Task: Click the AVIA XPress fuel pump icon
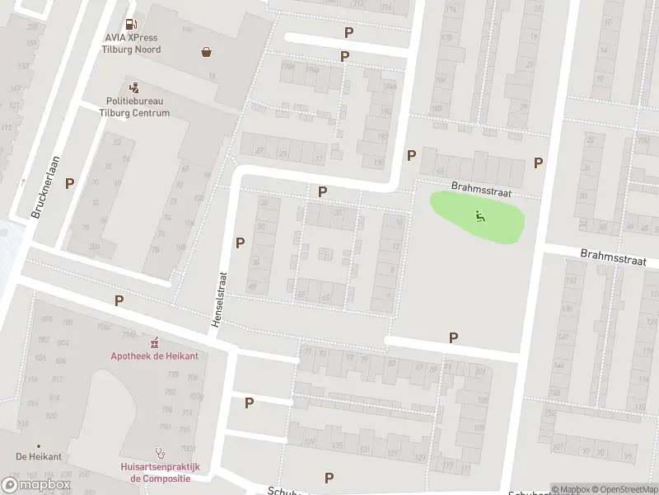click(x=131, y=26)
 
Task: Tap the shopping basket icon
click(x=205, y=52)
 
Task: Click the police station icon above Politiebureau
click(x=133, y=87)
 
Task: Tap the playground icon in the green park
click(x=480, y=216)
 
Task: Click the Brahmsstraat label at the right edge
click(x=613, y=258)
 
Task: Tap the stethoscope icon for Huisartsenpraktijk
click(x=161, y=452)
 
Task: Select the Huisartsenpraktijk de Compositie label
click(x=161, y=472)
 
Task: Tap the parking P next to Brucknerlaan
click(x=70, y=183)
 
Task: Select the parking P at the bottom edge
click(x=329, y=478)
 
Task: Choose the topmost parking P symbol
click(x=349, y=32)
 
